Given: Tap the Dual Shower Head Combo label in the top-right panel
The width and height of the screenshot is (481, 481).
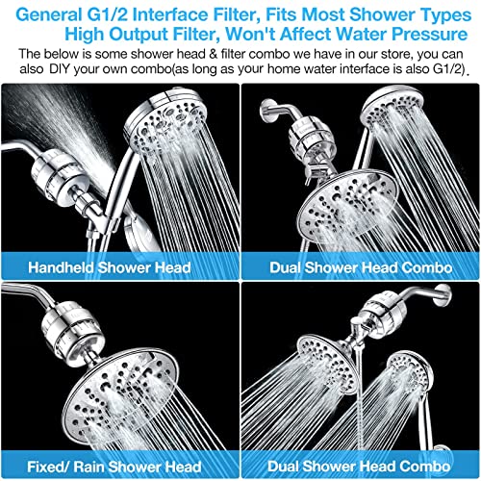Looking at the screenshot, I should click(x=362, y=266).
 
